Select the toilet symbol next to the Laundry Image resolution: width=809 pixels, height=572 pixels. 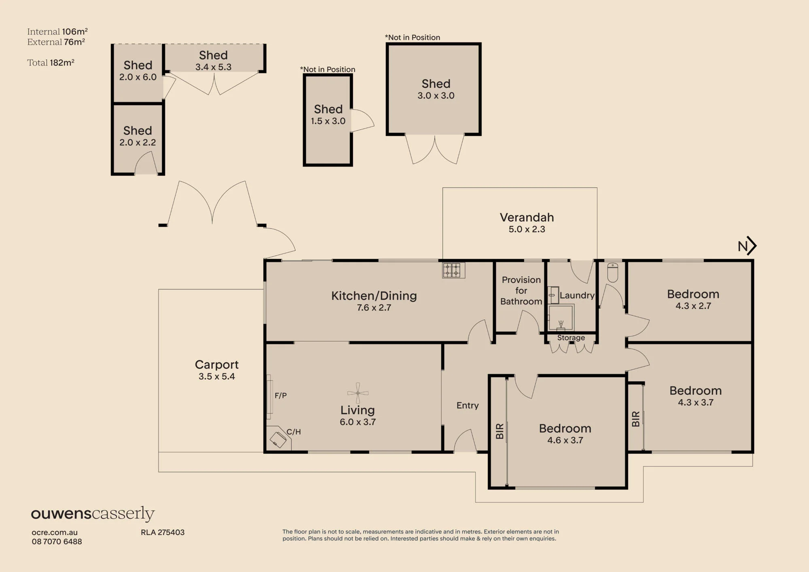[612, 273]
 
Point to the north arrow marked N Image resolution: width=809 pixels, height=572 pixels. [747, 246]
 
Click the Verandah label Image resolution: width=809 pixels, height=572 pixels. [527, 217]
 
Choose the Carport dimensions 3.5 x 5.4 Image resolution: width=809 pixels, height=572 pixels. [216, 376]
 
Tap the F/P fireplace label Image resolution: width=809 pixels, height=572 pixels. [281, 395]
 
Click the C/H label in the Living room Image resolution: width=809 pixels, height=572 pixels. [294, 432]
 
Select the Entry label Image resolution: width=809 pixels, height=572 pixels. [468, 405]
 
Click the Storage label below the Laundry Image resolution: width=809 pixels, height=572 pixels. [571, 337]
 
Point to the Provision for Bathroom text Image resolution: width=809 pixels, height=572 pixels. [521, 290]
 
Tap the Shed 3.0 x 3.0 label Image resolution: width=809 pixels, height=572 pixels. [436, 89]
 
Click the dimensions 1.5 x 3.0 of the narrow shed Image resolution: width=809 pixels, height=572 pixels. [328, 121]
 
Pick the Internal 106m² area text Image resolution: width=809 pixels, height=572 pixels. [57, 32]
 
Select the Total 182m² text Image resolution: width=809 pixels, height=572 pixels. [51, 63]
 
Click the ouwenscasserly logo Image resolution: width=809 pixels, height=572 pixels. [93, 514]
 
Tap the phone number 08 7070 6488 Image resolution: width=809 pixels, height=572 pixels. [57, 541]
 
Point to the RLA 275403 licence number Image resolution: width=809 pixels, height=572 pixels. [163, 532]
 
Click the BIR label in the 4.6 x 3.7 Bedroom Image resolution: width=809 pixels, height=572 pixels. [500, 431]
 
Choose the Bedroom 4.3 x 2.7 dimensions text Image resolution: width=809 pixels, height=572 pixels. [693, 306]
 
